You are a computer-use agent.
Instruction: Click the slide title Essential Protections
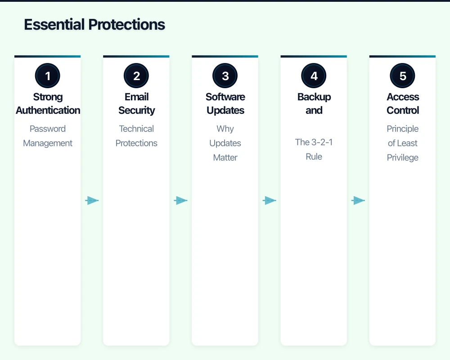tap(94, 24)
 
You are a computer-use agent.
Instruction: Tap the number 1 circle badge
tap(48, 76)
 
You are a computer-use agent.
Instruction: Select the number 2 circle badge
tap(136, 76)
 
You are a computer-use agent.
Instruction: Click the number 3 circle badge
tap(225, 76)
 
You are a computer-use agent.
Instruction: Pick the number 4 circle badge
tap(314, 76)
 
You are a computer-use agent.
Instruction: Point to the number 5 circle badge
tap(402, 76)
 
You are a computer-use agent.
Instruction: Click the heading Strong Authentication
tap(48, 103)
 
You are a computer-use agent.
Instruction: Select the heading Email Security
tap(136, 103)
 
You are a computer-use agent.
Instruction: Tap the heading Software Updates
tap(225, 103)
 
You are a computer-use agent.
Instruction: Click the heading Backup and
tap(314, 103)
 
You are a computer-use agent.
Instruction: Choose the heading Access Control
tap(402, 103)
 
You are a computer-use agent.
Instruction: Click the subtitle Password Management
tap(48, 136)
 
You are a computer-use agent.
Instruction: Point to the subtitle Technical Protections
tap(136, 136)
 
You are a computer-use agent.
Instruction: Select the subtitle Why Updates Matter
tap(225, 143)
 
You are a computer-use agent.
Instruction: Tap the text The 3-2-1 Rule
tap(314, 149)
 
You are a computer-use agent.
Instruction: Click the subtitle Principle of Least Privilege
tap(402, 143)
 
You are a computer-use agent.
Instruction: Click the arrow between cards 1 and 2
tap(92, 201)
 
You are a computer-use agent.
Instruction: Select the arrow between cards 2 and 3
tap(180, 201)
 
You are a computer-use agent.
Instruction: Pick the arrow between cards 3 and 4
tap(269, 201)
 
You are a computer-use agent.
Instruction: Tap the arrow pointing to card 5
tap(358, 201)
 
